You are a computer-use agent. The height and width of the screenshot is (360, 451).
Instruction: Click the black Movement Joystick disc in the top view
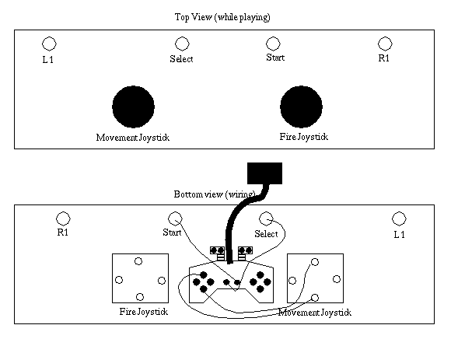click(x=133, y=107)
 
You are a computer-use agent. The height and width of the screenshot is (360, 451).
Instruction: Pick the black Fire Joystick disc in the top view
click(x=301, y=107)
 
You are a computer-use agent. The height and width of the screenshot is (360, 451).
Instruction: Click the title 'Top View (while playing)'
click(x=222, y=17)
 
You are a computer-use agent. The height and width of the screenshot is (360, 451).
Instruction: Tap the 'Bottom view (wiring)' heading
click(x=215, y=194)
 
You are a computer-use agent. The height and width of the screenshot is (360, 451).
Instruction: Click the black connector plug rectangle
click(x=264, y=173)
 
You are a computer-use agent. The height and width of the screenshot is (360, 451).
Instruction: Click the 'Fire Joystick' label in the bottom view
click(x=144, y=312)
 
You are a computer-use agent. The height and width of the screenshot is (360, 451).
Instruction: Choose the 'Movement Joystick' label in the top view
click(x=133, y=138)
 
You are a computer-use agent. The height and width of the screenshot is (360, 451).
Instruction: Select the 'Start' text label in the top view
click(x=275, y=58)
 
